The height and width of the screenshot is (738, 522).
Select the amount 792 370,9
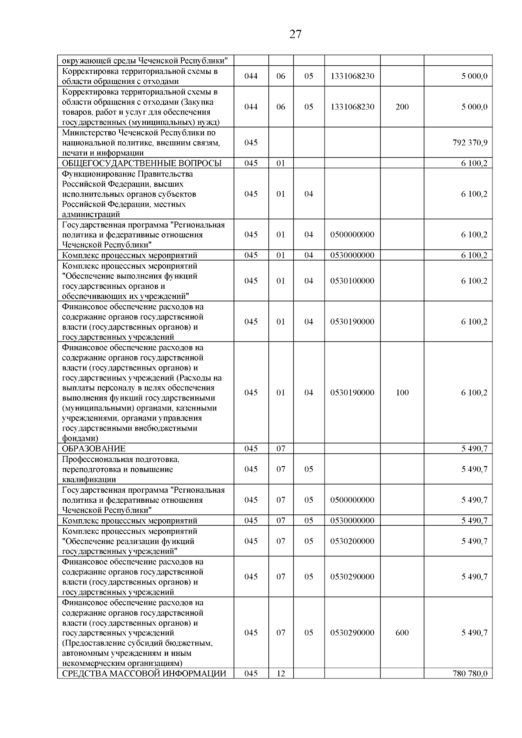(x=470, y=143)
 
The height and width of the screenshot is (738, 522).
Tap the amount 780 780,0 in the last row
(x=470, y=674)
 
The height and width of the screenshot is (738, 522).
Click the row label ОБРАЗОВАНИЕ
(x=94, y=449)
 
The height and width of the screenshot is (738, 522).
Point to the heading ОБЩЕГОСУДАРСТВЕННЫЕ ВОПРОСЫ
(x=142, y=164)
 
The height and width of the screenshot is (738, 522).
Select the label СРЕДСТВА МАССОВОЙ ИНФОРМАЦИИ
(x=144, y=674)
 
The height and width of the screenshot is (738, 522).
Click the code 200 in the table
(x=402, y=107)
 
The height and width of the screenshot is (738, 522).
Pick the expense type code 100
(x=402, y=393)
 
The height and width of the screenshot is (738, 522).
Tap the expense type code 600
(x=402, y=633)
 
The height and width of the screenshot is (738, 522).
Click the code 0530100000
(x=352, y=281)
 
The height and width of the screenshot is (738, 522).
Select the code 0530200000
(x=352, y=541)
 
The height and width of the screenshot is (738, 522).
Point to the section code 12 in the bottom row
(x=281, y=674)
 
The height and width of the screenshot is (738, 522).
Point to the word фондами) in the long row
(x=80, y=438)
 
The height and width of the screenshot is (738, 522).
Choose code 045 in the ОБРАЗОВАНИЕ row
(x=251, y=449)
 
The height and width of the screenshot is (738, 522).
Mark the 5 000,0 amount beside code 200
(x=474, y=107)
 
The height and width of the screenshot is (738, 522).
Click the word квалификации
(x=89, y=480)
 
